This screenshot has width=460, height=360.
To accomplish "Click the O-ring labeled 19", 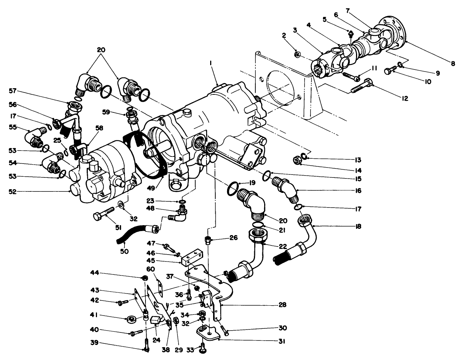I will [x=232, y=190].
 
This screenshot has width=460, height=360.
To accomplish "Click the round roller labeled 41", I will [x=131, y=319].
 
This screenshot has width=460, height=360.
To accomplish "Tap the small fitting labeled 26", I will [x=208, y=240].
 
